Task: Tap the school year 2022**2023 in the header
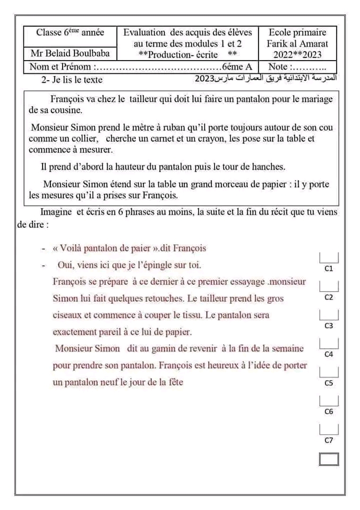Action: (x=297, y=54)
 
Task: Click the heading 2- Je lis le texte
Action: (x=72, y=80)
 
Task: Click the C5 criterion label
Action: (x=329, y=382)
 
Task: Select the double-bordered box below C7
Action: (x=329, y=459)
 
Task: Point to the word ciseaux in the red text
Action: (x=68, y=315)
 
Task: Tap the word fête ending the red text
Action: (x=174, y=382)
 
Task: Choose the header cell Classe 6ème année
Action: (x=71, y=32)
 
